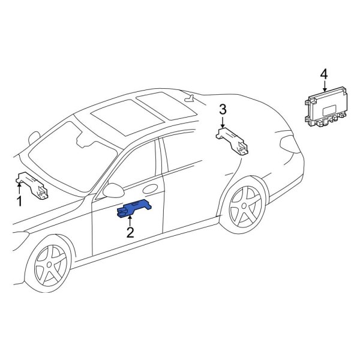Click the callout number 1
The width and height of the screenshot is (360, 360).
click(x=19, y=202)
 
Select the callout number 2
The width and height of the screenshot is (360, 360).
click(x=130, y=232)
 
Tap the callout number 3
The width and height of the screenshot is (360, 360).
click(x=223, y=109)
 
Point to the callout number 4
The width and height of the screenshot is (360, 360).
click(x=324, y=74)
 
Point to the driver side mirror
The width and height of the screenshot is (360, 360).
click(x=112, y=191)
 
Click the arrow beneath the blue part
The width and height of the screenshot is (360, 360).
click(x=130, y=221)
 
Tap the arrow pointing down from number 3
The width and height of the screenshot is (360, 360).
click(x=223, y=121)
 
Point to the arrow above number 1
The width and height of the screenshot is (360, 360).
click(x=19, y=187)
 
